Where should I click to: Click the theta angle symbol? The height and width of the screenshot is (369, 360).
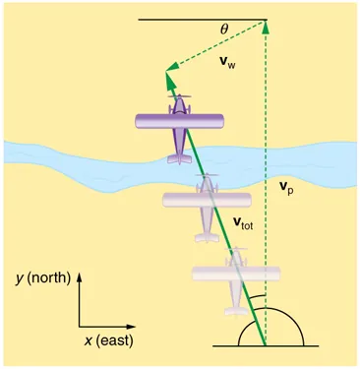click(224, 30)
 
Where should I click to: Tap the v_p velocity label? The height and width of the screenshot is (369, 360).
click(284, 185)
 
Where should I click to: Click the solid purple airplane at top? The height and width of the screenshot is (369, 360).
click(182, 124)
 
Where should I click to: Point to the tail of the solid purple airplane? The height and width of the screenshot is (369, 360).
click(180, 154)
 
